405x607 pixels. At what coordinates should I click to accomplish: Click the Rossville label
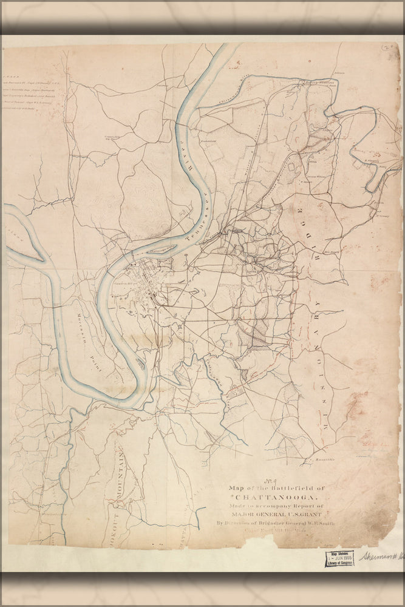325,459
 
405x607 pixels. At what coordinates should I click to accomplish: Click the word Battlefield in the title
291,487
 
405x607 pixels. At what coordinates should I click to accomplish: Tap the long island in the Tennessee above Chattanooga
160,248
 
